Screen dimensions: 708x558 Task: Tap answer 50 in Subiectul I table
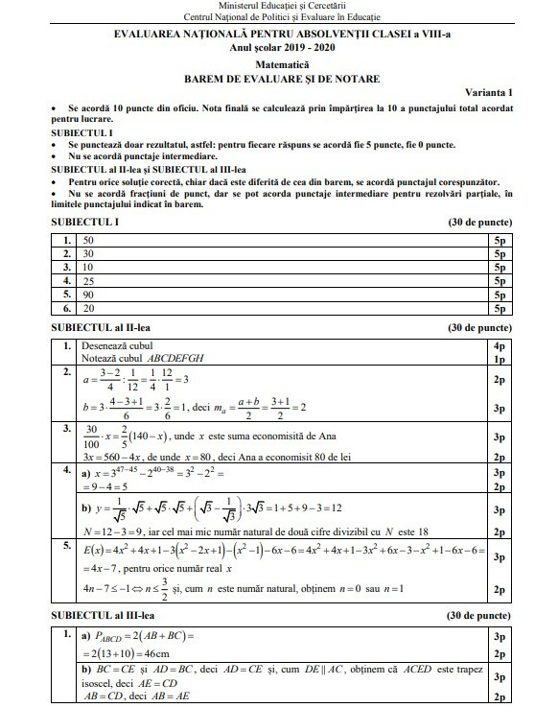pyautogui.click(x=89, y=240)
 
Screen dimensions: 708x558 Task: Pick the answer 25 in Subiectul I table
pyautogui.click(x=89, y=282)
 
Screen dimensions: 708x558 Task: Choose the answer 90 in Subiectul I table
pyautogui.click(x=89, y=295)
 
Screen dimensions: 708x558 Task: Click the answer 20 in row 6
pyautogui.click(x=89, y=310)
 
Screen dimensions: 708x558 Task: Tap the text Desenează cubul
pyautogui.click(x=114, y=344)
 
